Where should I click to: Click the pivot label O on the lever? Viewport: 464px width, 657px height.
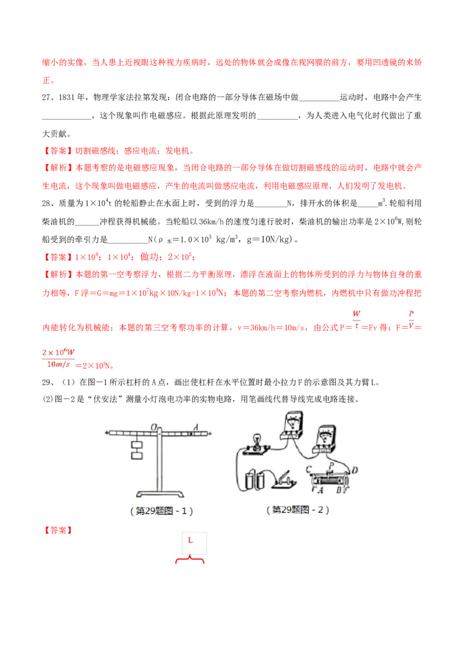pos(154,427)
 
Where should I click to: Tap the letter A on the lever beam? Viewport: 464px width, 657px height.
pos(196,427)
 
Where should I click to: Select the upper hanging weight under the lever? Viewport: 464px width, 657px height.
pos(137,445)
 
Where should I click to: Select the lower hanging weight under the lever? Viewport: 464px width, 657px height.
pos(137,456)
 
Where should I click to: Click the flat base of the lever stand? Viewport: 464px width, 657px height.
pos(159,494)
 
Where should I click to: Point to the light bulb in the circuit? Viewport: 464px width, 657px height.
pos(256,441)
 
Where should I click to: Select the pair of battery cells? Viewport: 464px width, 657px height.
pos(254,479)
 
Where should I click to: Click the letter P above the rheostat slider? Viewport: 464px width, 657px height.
pos(331,465)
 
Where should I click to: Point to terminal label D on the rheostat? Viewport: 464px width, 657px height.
pos(354,469)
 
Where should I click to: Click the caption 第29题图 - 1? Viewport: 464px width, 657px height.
pos(162,511)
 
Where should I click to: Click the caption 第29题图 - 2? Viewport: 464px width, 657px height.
pos(298,510)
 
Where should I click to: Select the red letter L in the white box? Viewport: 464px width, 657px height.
pos(190,540)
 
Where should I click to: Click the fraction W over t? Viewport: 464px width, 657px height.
pos(357,320)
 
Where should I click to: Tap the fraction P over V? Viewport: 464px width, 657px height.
pos(412,320)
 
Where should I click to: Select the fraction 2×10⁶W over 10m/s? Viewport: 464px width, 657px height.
pos(58,358)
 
